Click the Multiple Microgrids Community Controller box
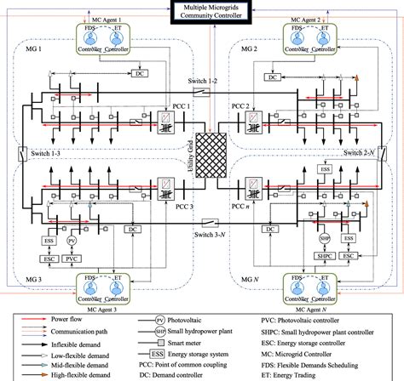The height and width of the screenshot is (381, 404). coord(202,12)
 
